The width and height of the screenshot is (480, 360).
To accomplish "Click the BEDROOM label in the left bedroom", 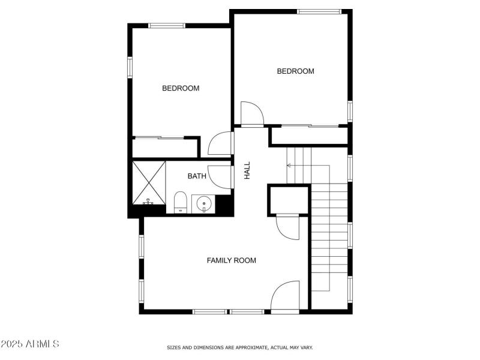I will [x=181, y=88].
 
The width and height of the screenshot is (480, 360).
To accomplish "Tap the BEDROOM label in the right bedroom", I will [x=295, y=71].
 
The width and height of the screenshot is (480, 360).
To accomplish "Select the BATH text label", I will [x=197, y=176].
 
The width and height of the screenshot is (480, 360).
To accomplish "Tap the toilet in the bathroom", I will [x=180, y=202].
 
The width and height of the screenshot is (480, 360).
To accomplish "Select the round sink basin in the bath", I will [x=204, y=204].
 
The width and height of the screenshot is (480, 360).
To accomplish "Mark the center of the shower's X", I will [x=148, y=181].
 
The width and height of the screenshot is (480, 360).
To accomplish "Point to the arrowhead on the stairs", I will [x=289, y=165].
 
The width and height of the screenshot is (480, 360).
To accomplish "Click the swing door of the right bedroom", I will [x=251, y=114].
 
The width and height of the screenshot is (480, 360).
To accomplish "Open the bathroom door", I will [x=221, y=176].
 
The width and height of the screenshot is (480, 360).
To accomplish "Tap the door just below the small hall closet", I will [x=287, y=227].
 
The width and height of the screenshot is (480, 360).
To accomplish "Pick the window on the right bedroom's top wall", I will [x=319, y=11].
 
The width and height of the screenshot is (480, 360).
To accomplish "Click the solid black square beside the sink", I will [x=223, y=204].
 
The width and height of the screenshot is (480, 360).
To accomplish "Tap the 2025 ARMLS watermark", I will [x=30, y=344].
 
